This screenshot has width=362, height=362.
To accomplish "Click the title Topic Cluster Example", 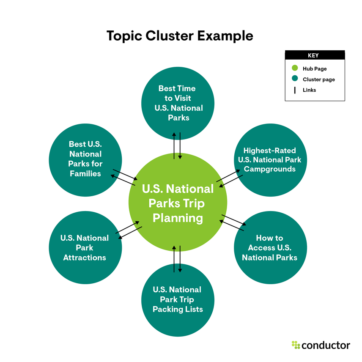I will point(180,36).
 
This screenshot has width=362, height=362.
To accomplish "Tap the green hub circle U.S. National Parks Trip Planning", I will point(178,203).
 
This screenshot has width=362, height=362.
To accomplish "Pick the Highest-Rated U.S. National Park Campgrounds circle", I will point(269,159).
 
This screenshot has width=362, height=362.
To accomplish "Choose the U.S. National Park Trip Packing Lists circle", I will point(177,299).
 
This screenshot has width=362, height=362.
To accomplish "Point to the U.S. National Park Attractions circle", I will point(85,247).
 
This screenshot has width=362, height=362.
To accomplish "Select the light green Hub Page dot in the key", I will point(295,68).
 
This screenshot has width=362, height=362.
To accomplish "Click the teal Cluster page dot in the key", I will point(295,79).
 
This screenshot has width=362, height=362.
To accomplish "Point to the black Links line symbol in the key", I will point(295,90).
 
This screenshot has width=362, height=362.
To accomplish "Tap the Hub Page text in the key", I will point(315,69).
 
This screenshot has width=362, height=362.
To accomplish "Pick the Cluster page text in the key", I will point(319,80).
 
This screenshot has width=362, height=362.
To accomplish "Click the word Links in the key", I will point(309,90).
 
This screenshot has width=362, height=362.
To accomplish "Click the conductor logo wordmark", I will point(326,345).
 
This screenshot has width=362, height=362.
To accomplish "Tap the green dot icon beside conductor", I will point(296,345).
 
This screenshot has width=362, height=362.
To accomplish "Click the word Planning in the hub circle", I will point(178,219).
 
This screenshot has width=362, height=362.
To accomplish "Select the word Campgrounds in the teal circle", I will point(269,169).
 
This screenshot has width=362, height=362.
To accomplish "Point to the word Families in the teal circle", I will point(85,173).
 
